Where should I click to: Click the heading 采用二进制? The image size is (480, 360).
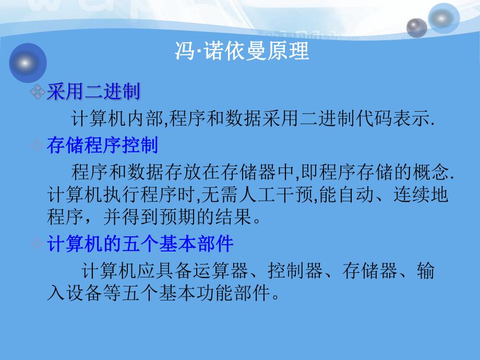(x=93, y=93)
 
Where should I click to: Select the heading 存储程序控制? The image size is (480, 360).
(x=102, y=145)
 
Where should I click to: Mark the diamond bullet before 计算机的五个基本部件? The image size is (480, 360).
(x=38, y=244)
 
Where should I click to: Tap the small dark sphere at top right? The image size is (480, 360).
(x=416, y=27)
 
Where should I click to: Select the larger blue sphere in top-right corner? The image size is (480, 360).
(x=444, y=18)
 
